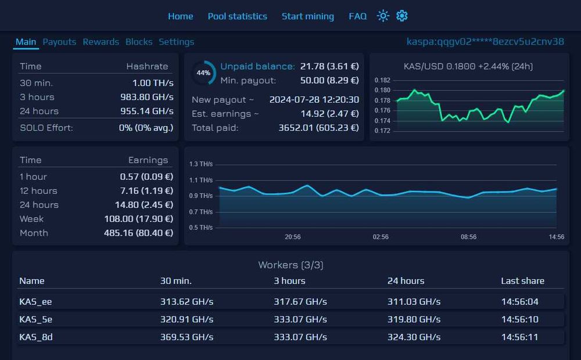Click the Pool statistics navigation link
point(237,16)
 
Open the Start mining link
point(307,16)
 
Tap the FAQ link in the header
point(357,16)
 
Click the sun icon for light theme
point(382,16)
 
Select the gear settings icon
point(402,16)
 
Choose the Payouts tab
point(59,42)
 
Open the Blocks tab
point(139,42)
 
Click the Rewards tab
point(101,42)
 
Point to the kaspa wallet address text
point(485,41)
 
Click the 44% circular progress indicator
point(203,73)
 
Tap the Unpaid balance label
point(257,66)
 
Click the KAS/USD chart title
point(468,66)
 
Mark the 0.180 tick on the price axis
point(382,90)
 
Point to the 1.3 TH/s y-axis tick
point(201,164)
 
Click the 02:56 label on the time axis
point(381,237)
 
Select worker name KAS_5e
point(36,319)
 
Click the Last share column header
point(522,280)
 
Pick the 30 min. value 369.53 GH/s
point(187,337)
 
